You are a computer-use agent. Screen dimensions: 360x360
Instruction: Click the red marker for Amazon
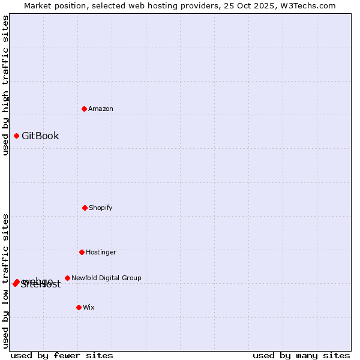point(84,109)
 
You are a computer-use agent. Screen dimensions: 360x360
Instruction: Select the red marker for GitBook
point(16,136)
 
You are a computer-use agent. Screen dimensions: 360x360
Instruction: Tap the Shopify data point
point(85,208)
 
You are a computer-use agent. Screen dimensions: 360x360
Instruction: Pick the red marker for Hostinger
point(82,252)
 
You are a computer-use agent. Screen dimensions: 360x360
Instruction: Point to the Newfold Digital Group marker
point(67,278)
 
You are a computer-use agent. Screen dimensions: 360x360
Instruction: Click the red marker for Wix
point(79,307)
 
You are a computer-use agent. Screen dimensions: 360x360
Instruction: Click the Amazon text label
point(101,109)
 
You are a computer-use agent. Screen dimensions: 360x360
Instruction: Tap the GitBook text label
point(40,136)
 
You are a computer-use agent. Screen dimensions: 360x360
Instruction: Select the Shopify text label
point(101,208)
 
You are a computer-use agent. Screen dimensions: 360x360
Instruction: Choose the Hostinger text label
point(101,252)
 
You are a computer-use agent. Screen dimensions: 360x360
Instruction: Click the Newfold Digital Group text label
point(106,278)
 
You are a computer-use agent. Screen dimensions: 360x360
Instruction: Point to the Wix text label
point(89,307)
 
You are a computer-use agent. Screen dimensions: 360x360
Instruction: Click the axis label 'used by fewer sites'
point(62,355)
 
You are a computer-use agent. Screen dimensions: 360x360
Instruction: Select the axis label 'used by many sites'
point(301,355)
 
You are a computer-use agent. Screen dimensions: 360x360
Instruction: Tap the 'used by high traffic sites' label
point(5,85)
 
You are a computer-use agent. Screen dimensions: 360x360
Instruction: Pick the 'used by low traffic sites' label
point(5,281)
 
